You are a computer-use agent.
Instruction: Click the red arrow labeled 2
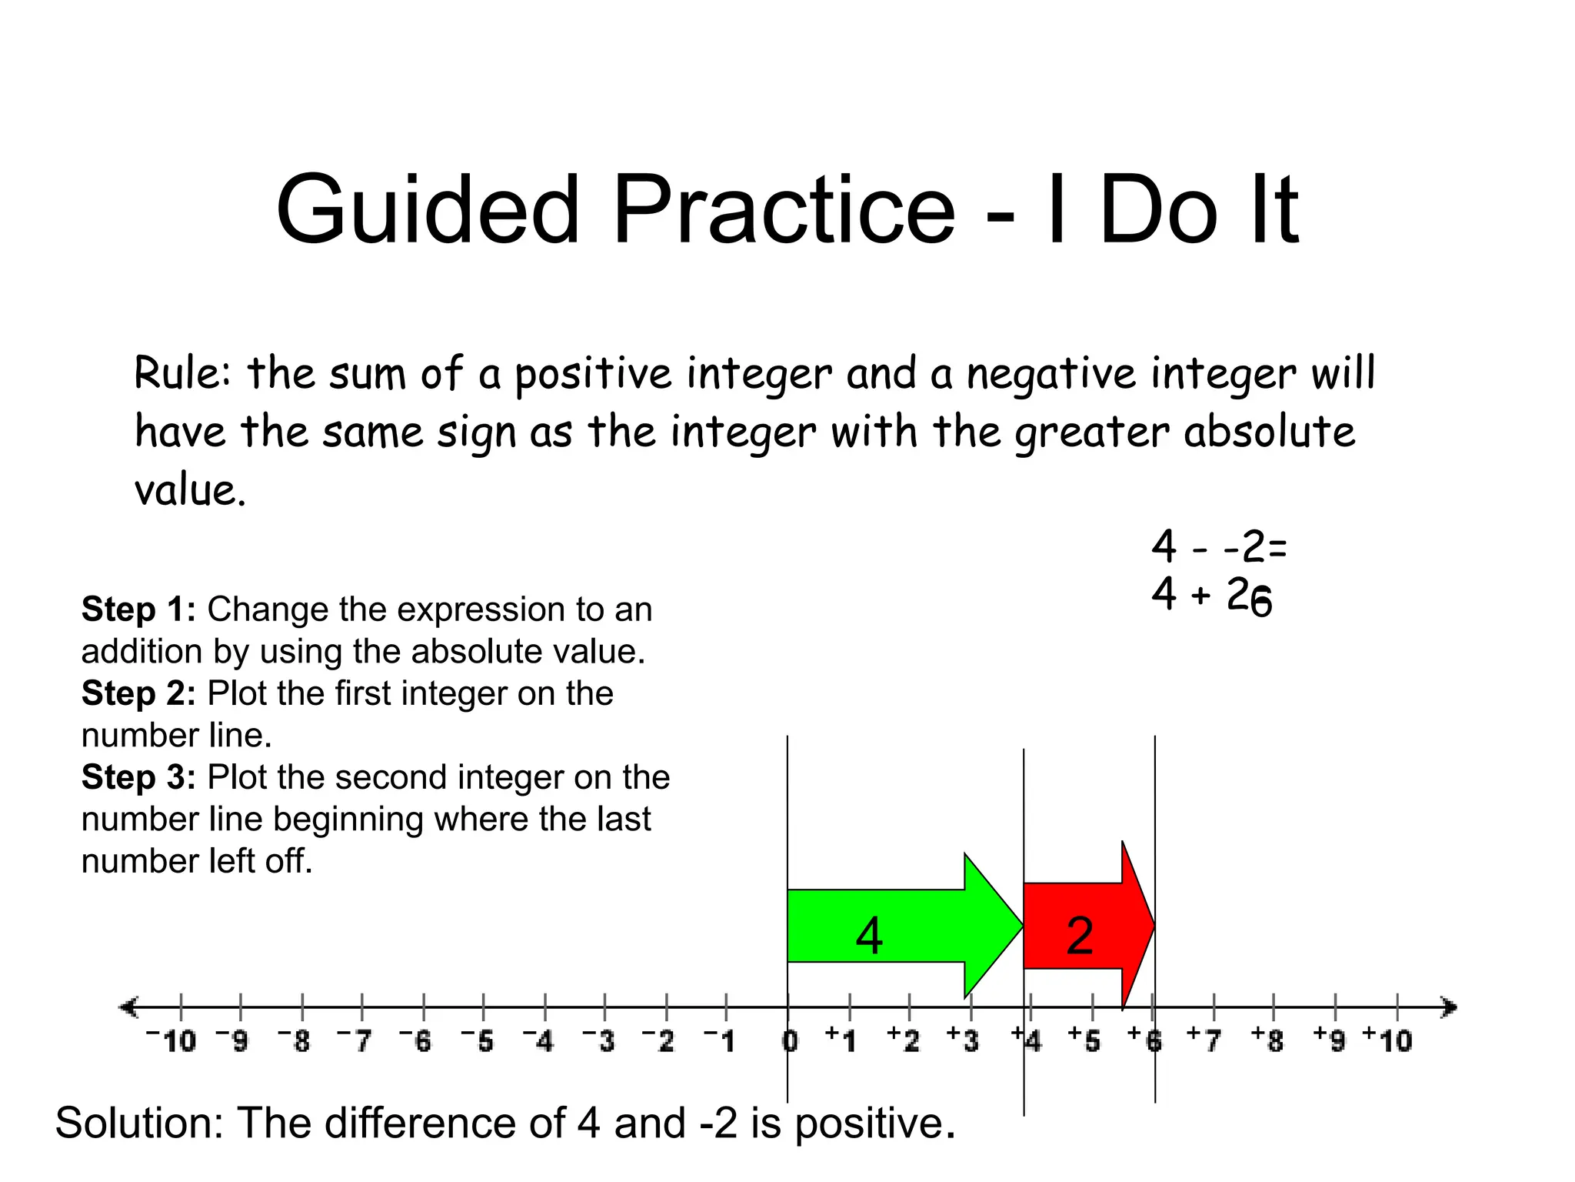(1081, 927)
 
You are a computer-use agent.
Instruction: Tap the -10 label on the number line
(172, 1041)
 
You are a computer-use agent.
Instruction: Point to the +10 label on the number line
(1388, 1040)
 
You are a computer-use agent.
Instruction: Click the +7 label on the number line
(1205, 1040)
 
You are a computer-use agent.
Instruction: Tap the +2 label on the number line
(904, 1040)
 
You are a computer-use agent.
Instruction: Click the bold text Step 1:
(138, 609)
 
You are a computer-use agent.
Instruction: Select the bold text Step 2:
(138, 693)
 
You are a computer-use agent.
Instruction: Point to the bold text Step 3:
(138, 777)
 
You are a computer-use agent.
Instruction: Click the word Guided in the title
(428, 210)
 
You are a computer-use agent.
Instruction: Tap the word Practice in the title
(784, 210)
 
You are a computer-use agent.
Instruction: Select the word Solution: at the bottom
(138, 1123)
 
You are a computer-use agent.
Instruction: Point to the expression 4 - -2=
(1218, 547)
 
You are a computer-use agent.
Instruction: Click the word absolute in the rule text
(1270, 432)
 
